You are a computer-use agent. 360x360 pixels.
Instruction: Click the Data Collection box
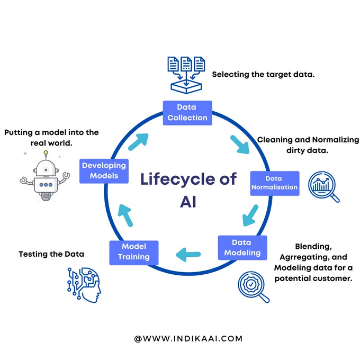point(187,113)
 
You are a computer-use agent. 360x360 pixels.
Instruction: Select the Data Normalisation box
point(275,183)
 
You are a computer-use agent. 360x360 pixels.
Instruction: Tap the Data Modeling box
point(242,248)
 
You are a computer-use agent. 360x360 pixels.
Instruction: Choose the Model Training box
point(134,253)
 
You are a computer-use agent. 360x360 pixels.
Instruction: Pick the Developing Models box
point(104,171)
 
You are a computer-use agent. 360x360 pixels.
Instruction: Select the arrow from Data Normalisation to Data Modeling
point(250,215)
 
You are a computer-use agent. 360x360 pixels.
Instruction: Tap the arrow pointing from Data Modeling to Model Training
point(188,255)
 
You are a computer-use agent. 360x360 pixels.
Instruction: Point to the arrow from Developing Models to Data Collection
point(138,142)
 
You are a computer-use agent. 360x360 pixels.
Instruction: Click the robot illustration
point(45,176)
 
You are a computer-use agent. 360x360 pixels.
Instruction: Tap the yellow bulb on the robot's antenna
point(46,152)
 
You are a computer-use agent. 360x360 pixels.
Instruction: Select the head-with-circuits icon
point(84,285)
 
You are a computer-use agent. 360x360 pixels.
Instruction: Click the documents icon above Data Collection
point(186,75)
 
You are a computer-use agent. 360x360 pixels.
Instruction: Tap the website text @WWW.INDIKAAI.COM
point(188,339)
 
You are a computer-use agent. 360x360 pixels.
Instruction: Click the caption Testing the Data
point(51,254)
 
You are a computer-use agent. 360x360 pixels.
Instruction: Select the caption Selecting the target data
point(263,75)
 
